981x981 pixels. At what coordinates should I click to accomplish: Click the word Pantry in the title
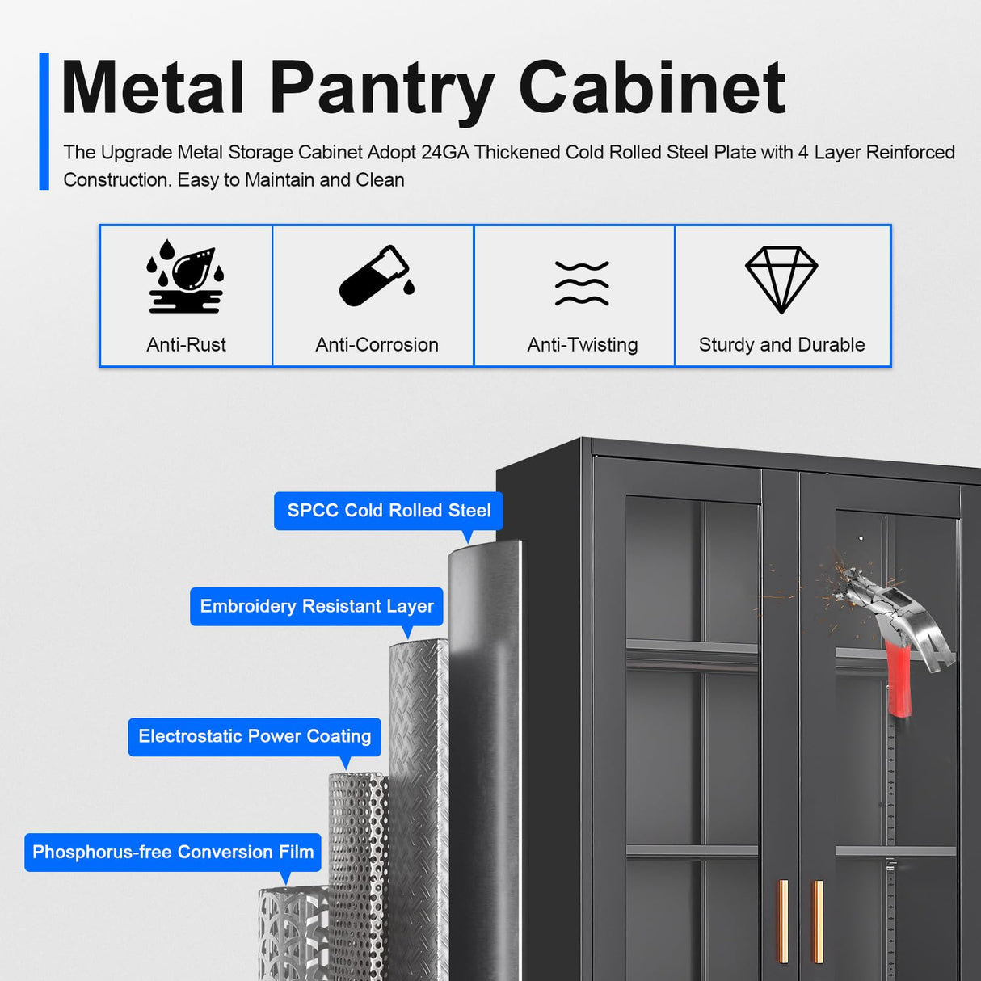[x=381, y=89]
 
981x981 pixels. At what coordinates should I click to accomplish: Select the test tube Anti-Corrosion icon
[x=375, y=276]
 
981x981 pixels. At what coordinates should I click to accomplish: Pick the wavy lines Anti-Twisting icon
[x=582, y=284]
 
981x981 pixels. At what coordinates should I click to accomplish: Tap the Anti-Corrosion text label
[x=377, y=345]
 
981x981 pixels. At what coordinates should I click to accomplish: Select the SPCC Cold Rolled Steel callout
[x=389, y=511]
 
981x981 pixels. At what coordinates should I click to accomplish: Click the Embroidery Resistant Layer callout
[x=317, y=606]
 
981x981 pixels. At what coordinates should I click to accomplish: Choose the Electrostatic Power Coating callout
[x=255, y=736]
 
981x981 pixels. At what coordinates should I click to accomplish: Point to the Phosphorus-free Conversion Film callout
[x=173, y=852]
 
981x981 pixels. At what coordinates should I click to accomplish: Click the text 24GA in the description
[x=444, y=153]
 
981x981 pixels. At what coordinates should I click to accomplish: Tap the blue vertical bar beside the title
[x=44, y=121]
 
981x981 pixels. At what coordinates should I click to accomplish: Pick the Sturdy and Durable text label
[x=781, y=345]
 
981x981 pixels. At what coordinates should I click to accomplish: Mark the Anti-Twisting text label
[x=582, y=345]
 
